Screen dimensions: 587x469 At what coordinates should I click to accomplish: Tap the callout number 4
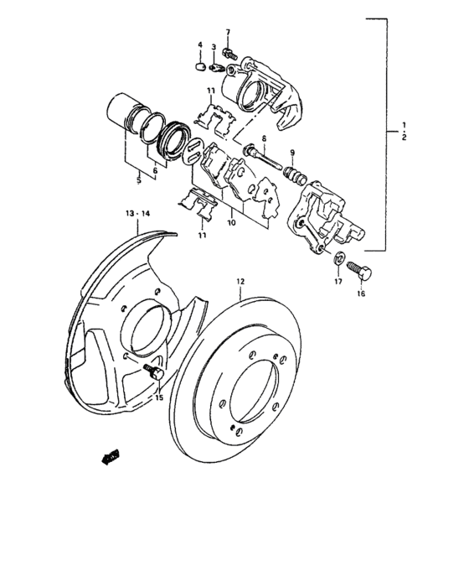click(x=200, y=44)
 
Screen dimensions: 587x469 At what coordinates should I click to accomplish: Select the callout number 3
click(x=214, y=48)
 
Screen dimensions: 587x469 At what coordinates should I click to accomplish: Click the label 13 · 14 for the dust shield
click(x=137, y=215)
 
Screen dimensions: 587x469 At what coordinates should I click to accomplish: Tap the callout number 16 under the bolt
click(x=362, y=294)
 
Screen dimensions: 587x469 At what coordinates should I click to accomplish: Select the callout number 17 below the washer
click(x=338, y=282)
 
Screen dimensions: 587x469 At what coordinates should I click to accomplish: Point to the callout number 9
click(x=292, y=152)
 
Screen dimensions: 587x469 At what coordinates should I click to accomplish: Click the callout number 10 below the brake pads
click(x=231, y=224)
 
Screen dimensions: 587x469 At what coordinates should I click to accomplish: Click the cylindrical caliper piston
click(x=123, y=114)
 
